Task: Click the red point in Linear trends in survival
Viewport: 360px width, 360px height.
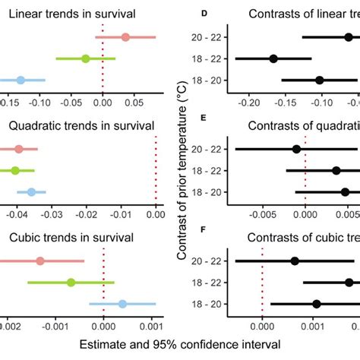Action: tap(125, 36)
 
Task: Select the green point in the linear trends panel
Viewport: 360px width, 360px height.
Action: tap(86, 58)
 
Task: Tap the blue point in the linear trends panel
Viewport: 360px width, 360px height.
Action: tap(21, 81)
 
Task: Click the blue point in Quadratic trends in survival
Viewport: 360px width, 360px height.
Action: tap(31, 192)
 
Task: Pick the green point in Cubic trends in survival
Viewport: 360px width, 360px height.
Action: tap(71, 283)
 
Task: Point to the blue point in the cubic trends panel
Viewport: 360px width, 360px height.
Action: tap(122, 304)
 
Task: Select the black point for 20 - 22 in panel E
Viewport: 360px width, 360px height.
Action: tap(296, 149)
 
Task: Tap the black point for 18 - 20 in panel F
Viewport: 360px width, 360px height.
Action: tap(317, 304)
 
